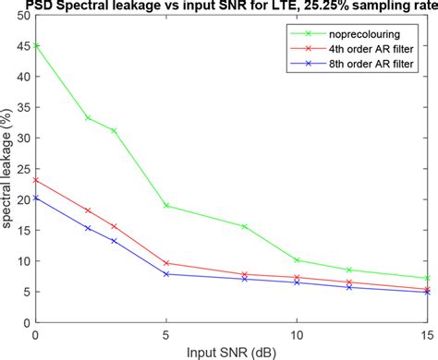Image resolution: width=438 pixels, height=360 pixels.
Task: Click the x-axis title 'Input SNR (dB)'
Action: pyautogui.click(x=231, y=352)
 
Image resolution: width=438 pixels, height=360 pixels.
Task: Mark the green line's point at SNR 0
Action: pyautogui.click(x=35, y=42)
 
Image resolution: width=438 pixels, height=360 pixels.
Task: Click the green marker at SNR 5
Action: pyautogui.click(x=166, y=205)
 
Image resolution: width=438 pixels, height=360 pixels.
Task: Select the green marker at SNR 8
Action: pyautogui.click(x=245, y=226)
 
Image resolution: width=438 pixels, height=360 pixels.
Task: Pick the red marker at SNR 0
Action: pyautogui.click(x=35, y=180)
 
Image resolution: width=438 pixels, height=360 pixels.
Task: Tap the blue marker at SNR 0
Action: pyautogui.click(x=35, y=198)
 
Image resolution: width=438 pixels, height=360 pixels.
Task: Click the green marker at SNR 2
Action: pyautogui.click(x=88, y=117)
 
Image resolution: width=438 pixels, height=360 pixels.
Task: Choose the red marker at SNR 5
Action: pyautogui.click(x=166, y=263)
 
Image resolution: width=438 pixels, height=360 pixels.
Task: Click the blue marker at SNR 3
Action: pyautogui.click(x=114, y=241)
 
